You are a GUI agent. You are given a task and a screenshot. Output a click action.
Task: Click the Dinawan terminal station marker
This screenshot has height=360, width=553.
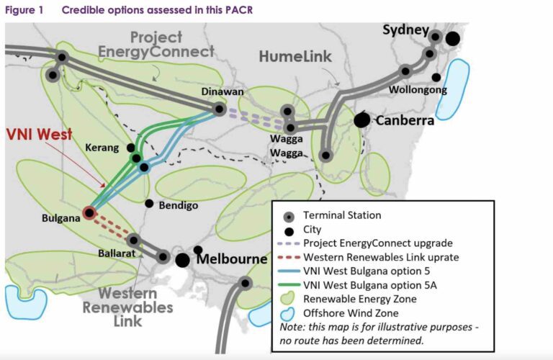coord(219,109)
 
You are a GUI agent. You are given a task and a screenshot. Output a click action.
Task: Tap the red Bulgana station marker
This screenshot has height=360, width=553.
coord(89,212)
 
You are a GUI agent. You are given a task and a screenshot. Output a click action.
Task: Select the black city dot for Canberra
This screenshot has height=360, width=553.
coord(361,120)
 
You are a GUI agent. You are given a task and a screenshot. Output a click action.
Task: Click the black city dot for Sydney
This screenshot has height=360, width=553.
coord(452,38)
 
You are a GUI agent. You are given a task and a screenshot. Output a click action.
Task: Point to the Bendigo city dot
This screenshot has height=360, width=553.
coord(149,204)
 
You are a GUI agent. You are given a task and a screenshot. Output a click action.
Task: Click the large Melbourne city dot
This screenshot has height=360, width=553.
coord(183,259)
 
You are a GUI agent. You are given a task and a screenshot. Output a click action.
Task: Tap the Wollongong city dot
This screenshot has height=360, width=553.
coord(436,78)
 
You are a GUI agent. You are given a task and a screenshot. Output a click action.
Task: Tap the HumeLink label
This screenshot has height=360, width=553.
coord(295,56)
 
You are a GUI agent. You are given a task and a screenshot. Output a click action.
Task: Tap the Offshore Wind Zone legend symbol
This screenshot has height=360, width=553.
coord(289,313)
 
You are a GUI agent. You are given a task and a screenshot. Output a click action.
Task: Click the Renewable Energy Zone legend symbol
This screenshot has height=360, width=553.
coord(289,299)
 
